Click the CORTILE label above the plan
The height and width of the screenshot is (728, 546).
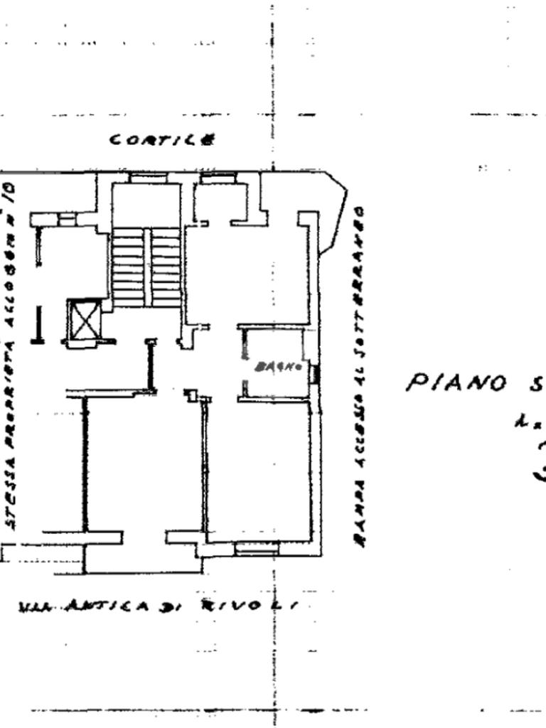tap(162, 139)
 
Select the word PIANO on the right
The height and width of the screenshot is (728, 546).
tap(456, 383)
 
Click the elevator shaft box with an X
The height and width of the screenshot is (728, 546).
tap(85, 321)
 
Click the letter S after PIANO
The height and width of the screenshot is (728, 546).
tap(534, 385)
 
